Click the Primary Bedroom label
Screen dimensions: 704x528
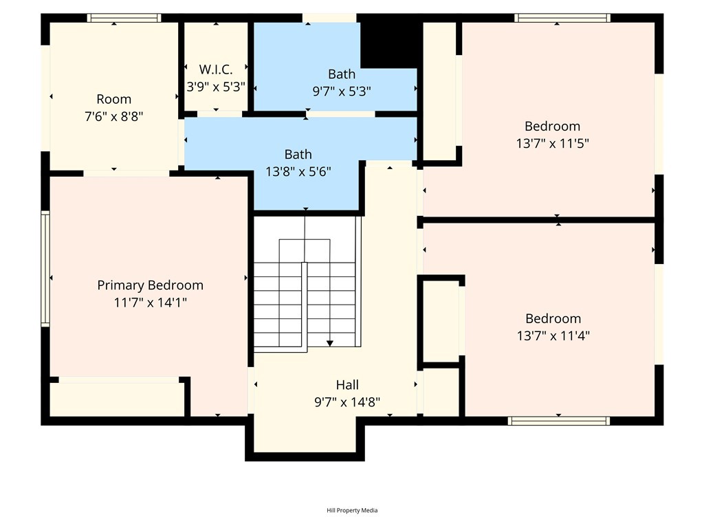click(x=151, y=285)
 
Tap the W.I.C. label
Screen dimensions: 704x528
click(x=216, y=69)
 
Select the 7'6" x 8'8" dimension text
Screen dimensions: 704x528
click(x=114, y=117)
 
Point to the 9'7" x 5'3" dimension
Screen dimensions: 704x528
click(x=342, y=91)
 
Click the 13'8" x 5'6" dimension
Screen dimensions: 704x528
click(x=298, y=171)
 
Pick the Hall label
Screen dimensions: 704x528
click(x=347, y=385)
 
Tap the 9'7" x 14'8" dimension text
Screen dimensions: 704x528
click(x=347, y=401)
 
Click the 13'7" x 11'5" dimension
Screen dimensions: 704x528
click(x=553, y=144)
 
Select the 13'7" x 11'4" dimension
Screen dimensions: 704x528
click(x=553, y=335)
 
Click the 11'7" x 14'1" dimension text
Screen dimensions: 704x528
click(x=151, y=302)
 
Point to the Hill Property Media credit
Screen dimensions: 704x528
click(x=352, y=511)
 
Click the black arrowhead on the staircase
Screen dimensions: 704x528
click(x=330, y=344)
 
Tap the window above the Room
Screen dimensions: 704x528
click(x=124, y=18)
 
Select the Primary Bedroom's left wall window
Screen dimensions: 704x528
click(x=45, y=269)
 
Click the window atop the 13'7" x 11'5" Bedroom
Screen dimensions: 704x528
click(x=562, y=18)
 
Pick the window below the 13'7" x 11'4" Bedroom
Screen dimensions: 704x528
click(x=559, y=421)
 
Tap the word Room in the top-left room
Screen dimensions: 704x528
click(x=114, y=99)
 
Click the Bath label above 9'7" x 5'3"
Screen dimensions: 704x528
click(x=342, y=74)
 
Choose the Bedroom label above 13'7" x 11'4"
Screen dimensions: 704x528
click(x=553, y=319)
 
